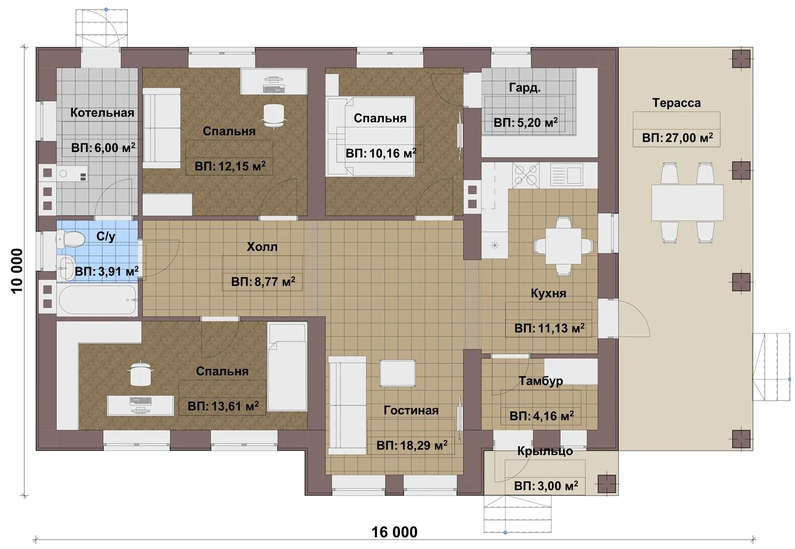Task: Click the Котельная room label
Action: [102, 112]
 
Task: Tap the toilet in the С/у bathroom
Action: [71, 238]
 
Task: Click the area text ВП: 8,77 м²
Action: [263, 282]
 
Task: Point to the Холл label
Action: [262, 246]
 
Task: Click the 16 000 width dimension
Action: [394, 532]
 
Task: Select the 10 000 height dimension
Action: [17, 271]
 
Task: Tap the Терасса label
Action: [676, 103]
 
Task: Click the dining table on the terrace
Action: [687, 203]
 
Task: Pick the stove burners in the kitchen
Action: [526, 174]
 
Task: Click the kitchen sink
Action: [566, 174]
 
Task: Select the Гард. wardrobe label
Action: [525, 87]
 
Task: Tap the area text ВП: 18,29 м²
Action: [412, 445]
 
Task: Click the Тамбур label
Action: [540, 380]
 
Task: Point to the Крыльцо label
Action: [545, 451]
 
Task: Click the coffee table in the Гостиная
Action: [397, 373]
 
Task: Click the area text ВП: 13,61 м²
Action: [223, 406]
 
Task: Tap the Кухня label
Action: [548, 293]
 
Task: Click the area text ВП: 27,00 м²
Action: [677, 137]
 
